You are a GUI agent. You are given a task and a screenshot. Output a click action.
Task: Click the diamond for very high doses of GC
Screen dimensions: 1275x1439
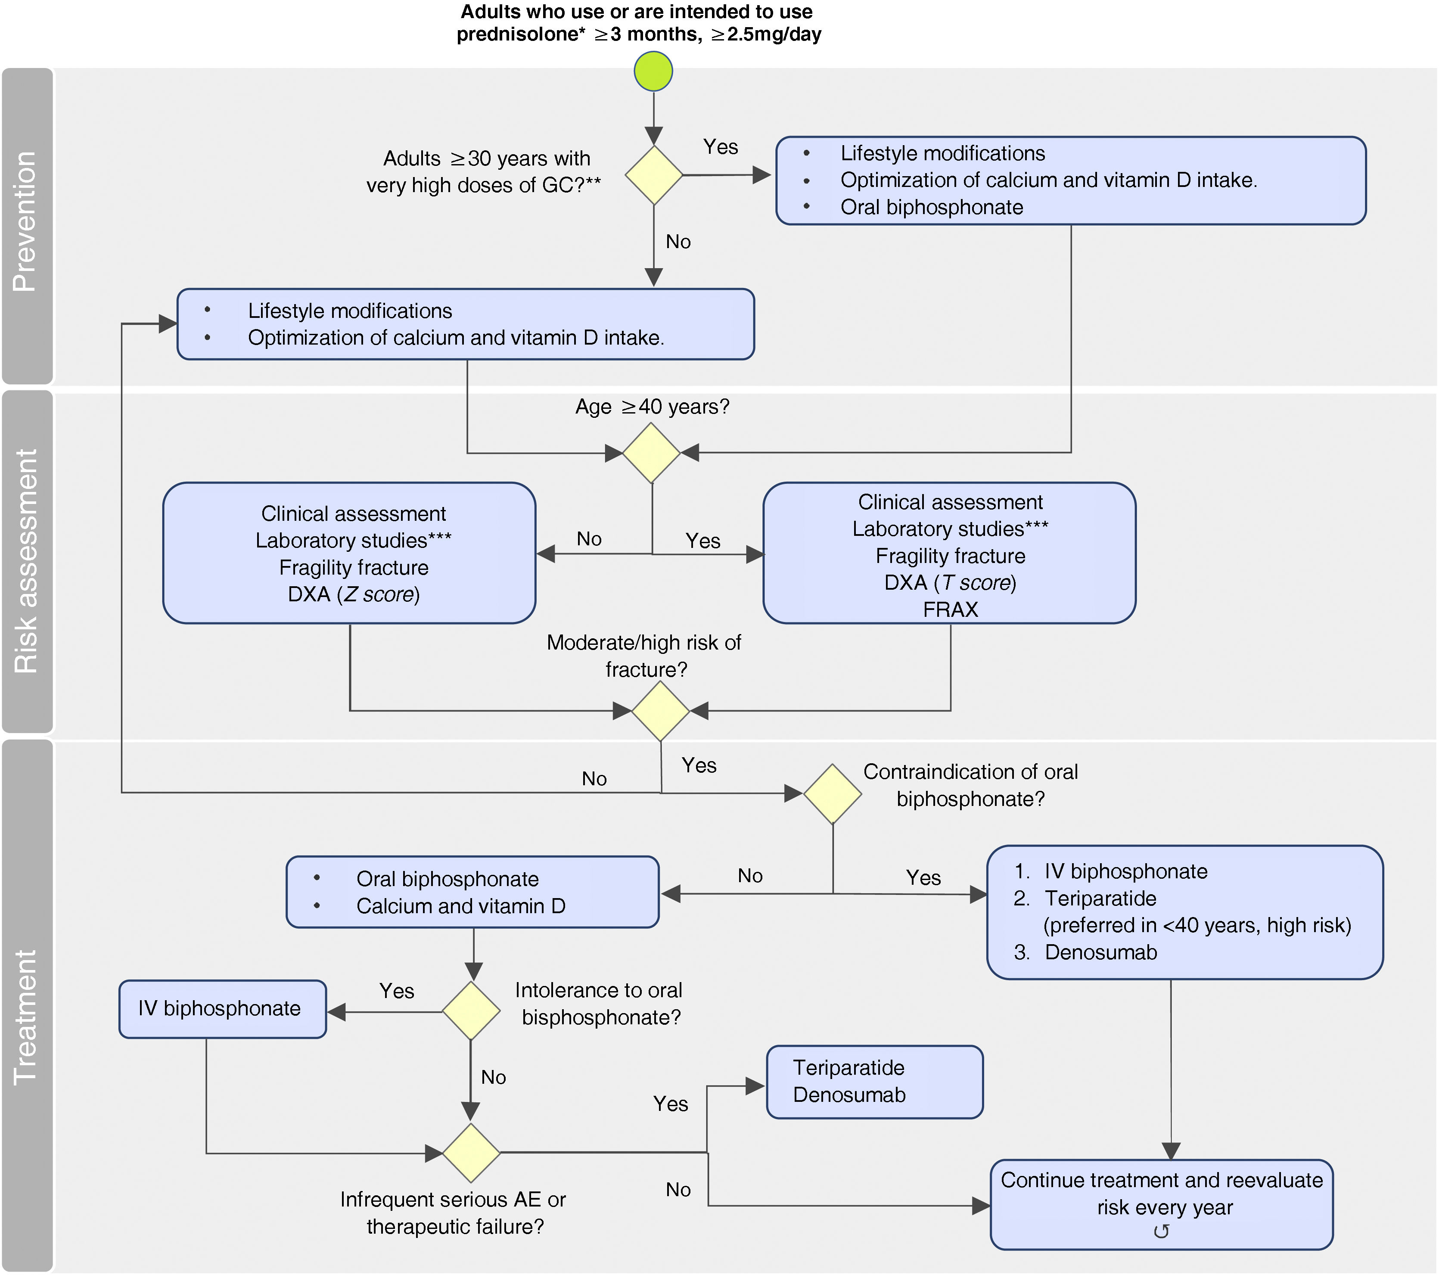click(653, 175)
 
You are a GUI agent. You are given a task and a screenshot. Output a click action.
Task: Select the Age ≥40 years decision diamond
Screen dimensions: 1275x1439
click(651, 453)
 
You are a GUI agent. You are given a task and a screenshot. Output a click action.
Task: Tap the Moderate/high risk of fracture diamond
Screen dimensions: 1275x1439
click(660, 711)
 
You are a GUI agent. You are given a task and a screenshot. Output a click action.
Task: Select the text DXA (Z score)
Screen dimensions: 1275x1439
click(354, 594)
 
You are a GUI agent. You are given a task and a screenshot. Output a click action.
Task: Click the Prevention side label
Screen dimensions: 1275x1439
click(26, 222)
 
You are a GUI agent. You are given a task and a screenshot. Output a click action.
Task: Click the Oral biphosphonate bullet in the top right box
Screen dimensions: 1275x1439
click(931, 207)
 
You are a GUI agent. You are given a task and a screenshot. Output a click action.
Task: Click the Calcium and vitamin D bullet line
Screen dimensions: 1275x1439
click(460, 906)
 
